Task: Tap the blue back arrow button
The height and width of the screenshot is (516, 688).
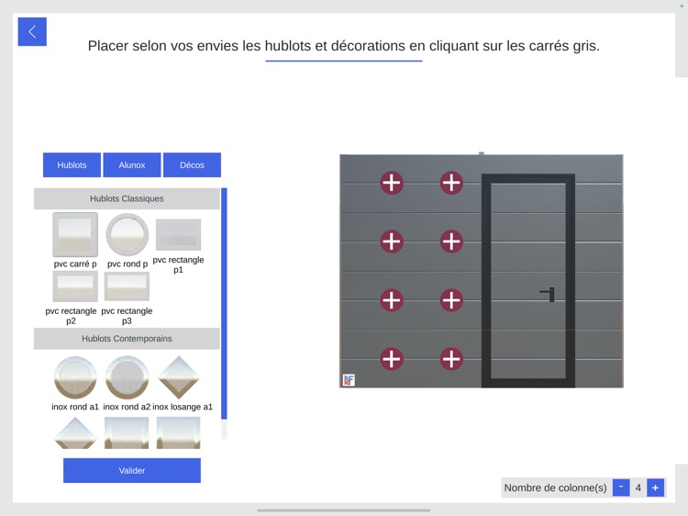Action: [32, 32]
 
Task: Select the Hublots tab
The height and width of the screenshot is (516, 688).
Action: [72, 165]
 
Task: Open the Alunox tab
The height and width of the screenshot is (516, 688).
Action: [132, 165]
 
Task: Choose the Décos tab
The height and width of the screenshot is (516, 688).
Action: [192, 165]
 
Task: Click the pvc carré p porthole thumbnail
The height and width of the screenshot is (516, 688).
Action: [75, 235]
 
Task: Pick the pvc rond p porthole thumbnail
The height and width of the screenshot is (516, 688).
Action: [128, 235]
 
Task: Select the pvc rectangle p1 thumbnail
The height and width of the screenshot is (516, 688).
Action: [178, 235]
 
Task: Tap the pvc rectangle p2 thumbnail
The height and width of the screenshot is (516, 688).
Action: [75, 286]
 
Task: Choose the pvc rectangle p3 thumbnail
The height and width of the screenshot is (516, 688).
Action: [127, 286]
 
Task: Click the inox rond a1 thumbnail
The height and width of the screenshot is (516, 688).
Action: [75, 377]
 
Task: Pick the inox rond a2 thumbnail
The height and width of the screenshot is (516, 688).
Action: [127, 377]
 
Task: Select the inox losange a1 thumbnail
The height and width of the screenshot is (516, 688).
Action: [179, 377]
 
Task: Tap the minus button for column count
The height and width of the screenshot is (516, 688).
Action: [621, 488]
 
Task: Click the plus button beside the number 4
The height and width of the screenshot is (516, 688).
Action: [655, 488]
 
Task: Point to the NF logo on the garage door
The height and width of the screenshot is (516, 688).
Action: [349, 380]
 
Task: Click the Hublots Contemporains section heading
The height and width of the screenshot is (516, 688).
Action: [127, 339]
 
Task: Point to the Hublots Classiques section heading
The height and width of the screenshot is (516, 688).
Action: [127, 198]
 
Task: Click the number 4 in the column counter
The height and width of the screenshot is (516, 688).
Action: [638, 488]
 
